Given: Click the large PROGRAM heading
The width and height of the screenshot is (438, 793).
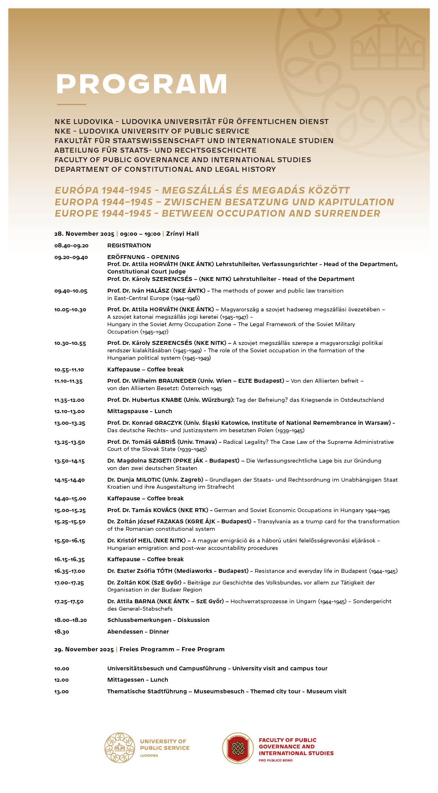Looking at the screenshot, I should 141,84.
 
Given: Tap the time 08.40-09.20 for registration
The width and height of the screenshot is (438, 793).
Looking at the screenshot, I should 71,246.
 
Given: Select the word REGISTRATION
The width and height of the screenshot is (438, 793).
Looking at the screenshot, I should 129,246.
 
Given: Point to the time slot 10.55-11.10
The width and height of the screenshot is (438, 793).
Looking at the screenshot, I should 69,370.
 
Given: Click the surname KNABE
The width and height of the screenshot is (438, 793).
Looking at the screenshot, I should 171,400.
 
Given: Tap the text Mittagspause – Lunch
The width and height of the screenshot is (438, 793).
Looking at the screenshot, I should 140,411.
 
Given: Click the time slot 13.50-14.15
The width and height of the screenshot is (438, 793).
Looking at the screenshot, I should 70,461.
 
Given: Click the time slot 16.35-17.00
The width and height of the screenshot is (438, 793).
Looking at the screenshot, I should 70,571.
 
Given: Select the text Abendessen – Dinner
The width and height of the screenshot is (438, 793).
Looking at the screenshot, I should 138,632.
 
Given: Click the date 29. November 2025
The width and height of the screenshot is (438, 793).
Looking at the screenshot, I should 84,650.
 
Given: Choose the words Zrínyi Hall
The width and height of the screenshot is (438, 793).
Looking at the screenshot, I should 182,234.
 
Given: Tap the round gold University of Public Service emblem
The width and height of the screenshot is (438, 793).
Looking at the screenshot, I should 120,748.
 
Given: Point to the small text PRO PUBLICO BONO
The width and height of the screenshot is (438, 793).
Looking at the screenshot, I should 276,760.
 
